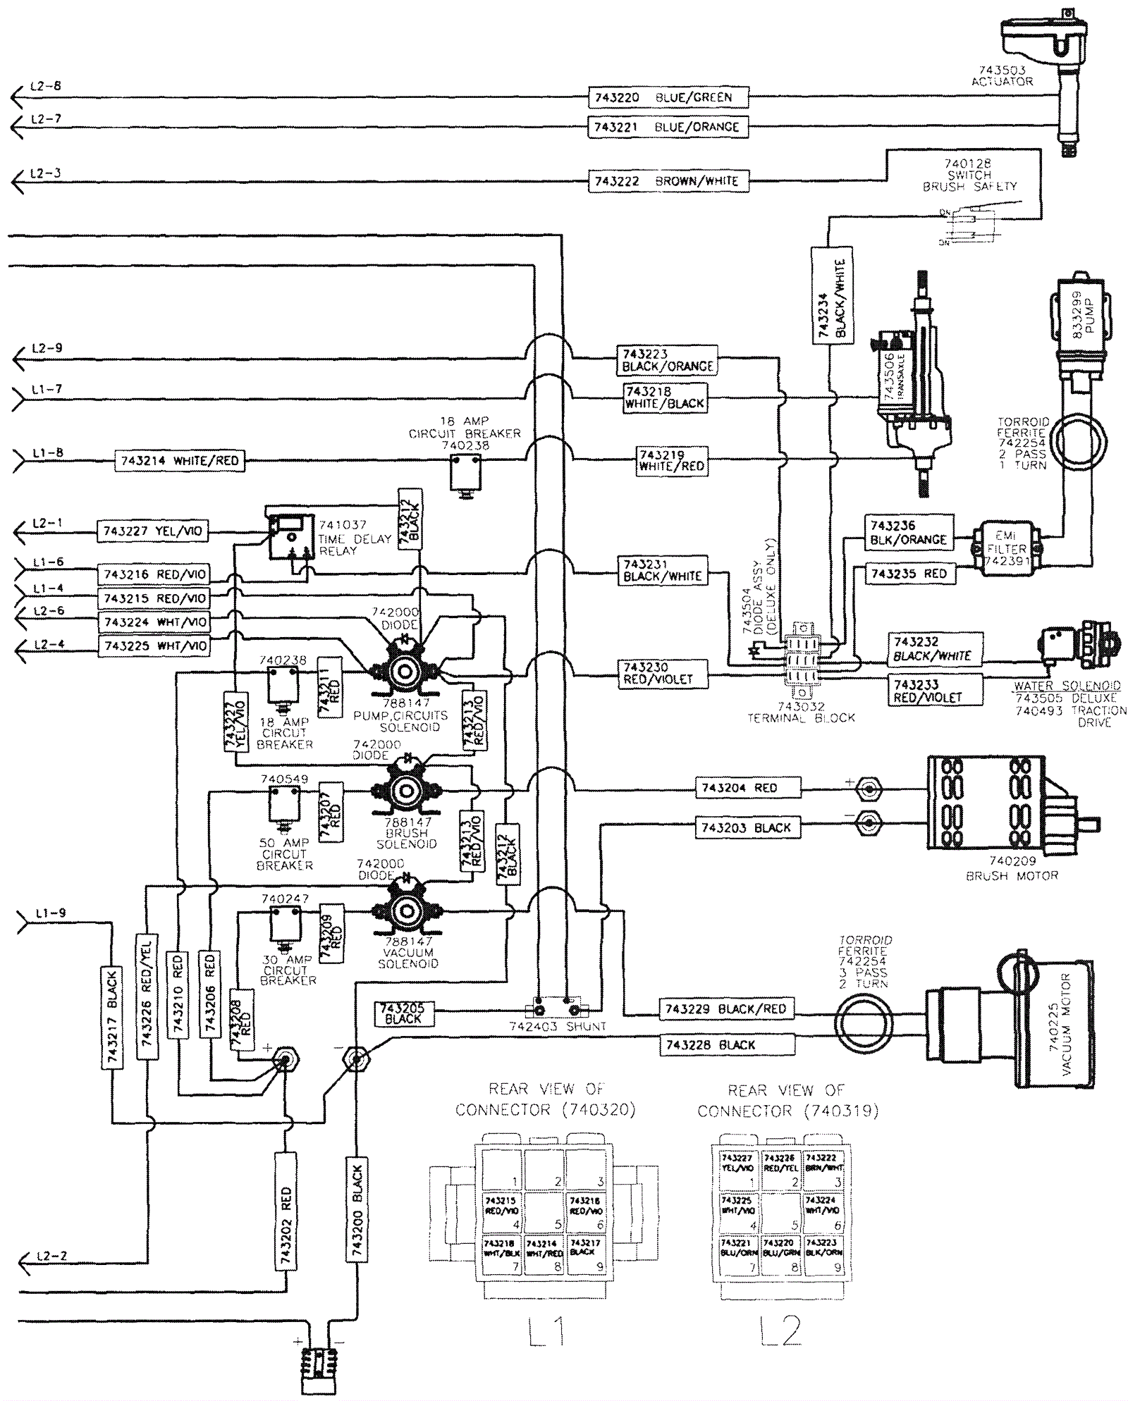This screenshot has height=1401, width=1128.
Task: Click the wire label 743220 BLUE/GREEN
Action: [x=668, y=97]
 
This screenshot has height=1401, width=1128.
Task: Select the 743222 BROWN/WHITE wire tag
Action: [x=668, y=181]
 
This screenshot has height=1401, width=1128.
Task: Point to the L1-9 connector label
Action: [x=49, y=913]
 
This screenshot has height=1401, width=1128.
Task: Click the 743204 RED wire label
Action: [x=748, y=788]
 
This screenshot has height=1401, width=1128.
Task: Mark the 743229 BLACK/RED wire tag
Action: [x=725, y=1009]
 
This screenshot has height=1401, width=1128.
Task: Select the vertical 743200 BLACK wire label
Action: [x=357, y=1212]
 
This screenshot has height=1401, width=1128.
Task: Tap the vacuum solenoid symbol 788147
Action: [x=406, y=911]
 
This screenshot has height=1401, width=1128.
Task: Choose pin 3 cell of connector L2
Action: [x=823, y=1171]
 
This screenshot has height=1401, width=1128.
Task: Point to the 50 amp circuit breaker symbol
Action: [x=284, y=805]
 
